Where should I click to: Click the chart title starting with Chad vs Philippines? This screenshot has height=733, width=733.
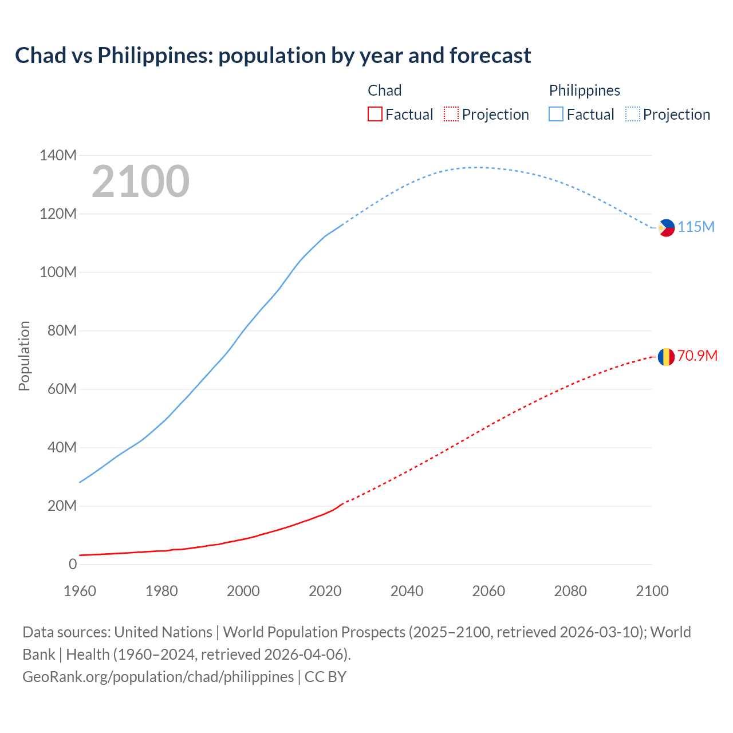coord(273,56)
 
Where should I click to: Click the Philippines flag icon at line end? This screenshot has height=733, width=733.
coord(666,227)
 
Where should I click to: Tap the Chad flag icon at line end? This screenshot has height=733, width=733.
coord(665,357)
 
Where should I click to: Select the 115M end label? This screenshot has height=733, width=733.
coord(696,227)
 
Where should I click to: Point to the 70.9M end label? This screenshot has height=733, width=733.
coord(697,356)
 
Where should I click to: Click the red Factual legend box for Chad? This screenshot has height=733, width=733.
coord(375,115)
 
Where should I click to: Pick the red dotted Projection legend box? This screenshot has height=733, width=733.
coord(451,115)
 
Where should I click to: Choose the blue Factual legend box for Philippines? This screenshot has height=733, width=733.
coord(555,115)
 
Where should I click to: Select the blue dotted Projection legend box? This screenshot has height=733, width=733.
coord(633,115)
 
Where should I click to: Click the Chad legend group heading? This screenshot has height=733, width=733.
coord(384,90)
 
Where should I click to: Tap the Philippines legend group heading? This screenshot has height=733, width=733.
coord(584,90)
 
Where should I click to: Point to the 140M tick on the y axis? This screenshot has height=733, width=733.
coord(58,155)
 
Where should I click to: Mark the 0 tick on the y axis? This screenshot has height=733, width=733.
coord(72,564)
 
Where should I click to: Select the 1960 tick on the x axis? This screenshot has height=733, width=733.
coord(80,591)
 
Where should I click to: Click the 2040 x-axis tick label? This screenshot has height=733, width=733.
coord(407,591)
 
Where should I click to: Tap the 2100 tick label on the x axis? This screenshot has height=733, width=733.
coord(652,591)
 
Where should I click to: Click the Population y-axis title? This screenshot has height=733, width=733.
coord(24,356)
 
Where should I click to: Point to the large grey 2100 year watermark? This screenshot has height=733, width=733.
coord(140,182)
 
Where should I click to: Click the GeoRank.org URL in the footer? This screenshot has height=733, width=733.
coord(158,676)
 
